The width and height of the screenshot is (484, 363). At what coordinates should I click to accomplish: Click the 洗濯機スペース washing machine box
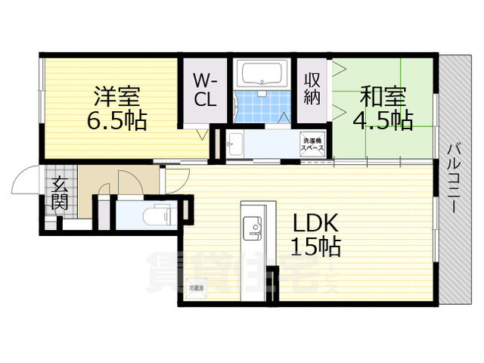tap(313, 144)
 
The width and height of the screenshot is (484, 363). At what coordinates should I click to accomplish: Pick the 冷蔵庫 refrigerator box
tap(196, 287)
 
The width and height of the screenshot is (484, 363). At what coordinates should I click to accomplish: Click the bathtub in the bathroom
tap(261, 75)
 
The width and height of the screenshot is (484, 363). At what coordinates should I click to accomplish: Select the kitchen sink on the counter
tap(251, 226)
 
